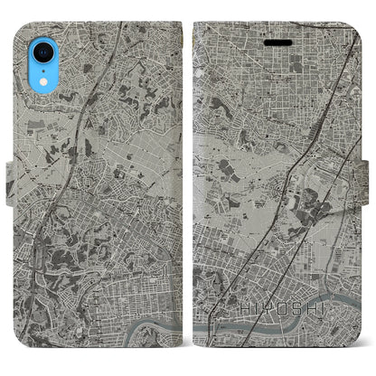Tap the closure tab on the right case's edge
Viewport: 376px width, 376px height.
pyautogui.click(x=370, y=189)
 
